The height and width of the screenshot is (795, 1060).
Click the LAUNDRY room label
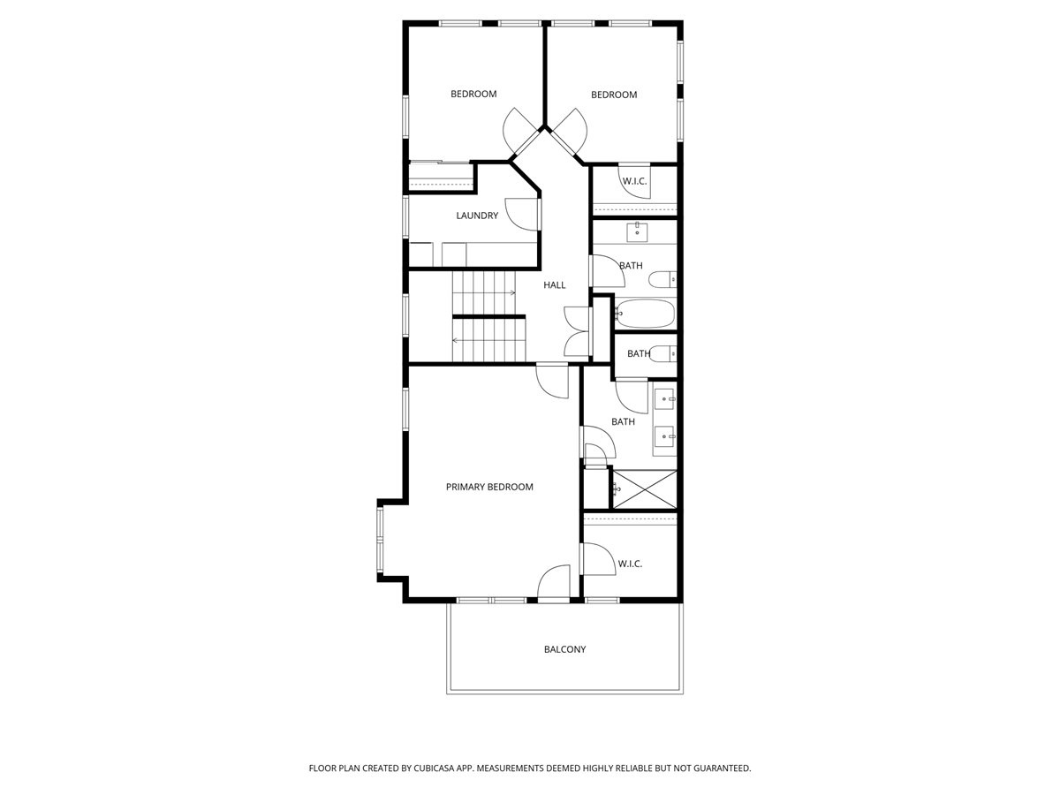pyautogui.click(x=477, y=216)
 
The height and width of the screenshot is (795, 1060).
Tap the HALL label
pyautogui.click(x=554, y=284)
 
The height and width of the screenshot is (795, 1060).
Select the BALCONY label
pyautogui.click(x=564, y=649)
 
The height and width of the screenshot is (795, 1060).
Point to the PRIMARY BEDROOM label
pyautogui.click(x=489, y=487)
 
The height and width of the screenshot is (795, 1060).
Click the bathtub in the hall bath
pyautogui.click(x=645, y=313)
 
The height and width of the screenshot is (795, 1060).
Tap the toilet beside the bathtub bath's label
pyautogui.click(x=662, y=280)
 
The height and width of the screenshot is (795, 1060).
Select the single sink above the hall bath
pyautogui.click(x=638, y=232)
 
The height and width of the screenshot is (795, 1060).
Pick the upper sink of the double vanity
pyautogui.click(x=664, y=399)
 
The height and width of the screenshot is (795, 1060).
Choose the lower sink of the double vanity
pyautogui.click(x=664, y=435)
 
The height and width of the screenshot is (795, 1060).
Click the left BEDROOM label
pyautogui.click(x=473, y=94)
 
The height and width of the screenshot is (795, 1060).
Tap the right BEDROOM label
pyautogui.click(x=614, y=95)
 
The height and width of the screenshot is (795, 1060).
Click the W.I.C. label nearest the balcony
pyautogui.click(x=630, y=564)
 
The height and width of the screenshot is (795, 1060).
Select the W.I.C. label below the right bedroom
pyautogui.click(x=634, y=181)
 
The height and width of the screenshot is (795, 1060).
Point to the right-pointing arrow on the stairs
pyautogui.click(x=511, y=292)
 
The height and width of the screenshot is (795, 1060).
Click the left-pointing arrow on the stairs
pyautogui.click(x=457, y=340)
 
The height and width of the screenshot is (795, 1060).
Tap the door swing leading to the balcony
pyautogui.click(x=554, y=584)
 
